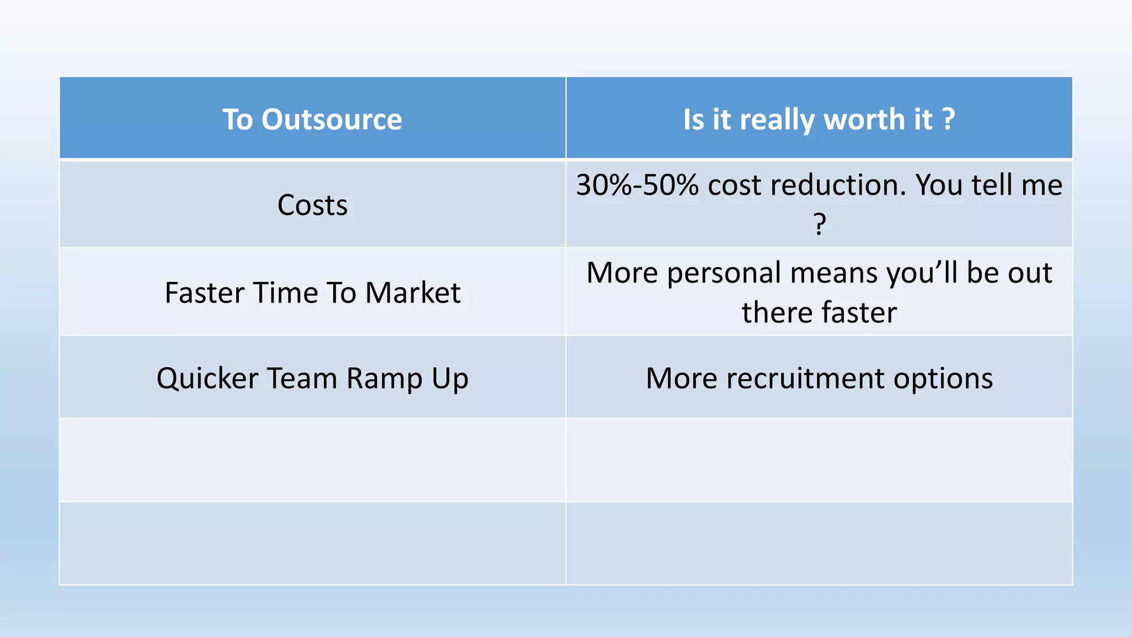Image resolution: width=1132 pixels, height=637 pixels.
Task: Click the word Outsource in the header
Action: click(332, 119)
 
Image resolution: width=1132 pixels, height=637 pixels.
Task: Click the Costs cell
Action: click(312, 205)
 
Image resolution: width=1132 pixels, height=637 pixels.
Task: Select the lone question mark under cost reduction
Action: click(820, 224)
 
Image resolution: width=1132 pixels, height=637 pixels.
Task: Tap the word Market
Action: click(412, 293)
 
